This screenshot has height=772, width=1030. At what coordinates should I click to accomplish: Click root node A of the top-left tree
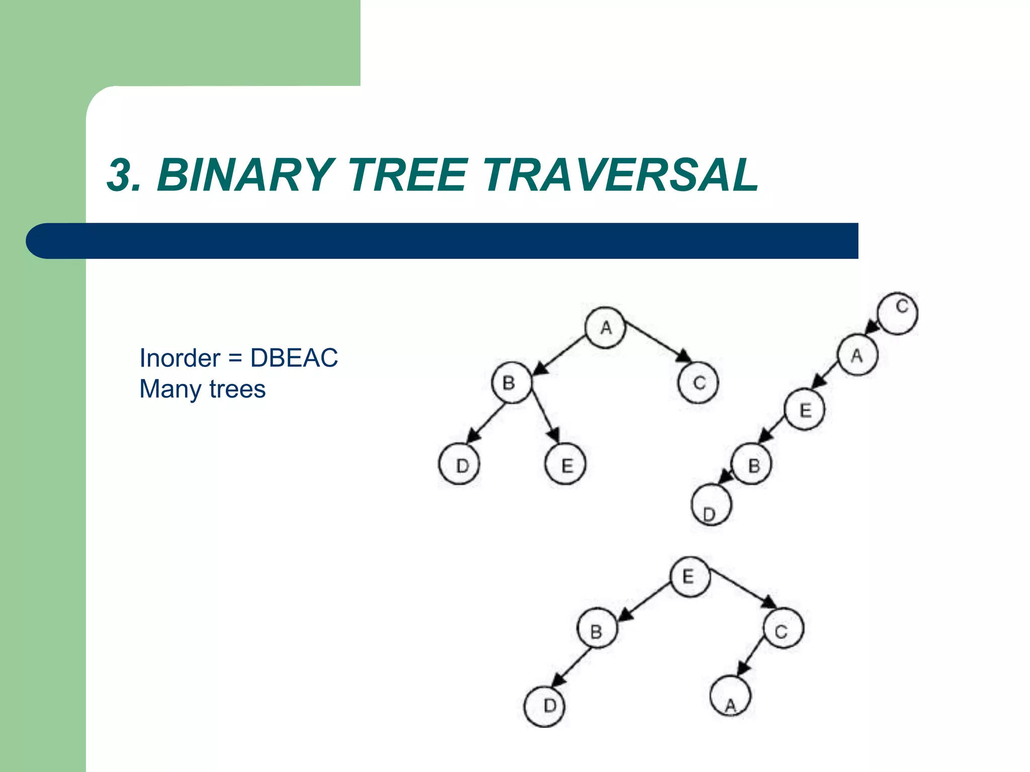[x=606, y=328]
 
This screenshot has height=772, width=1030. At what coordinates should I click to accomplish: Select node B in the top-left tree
[x=511, y=382]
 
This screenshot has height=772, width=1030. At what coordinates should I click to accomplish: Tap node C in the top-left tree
[x=698, y=382]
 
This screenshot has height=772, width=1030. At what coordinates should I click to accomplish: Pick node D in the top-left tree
[x=459, y=464]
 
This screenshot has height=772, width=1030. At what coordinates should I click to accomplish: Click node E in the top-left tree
[x=566, y=464]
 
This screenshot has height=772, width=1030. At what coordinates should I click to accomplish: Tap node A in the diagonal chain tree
[x=857, y=355]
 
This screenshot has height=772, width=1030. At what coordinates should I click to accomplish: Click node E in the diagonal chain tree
[x=805, y=410]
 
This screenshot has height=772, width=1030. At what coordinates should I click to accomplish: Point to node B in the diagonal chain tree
[x=752, y=465]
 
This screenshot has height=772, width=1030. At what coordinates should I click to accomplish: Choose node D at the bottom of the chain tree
[x=711, y=505]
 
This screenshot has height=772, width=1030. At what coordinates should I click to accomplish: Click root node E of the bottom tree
[x=690, y=576]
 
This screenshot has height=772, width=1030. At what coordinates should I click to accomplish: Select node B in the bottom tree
[x=597, y=629]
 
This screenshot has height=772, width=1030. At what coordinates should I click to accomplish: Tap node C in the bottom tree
[x=783, y=629]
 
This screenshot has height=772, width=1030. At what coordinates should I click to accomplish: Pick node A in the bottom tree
[x=730, y=697]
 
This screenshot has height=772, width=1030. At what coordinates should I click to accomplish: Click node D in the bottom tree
[x=545, y=706]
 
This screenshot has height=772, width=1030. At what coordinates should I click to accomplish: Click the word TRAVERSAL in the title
[x=620, y=175]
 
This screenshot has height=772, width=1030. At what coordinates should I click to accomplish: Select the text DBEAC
[x=294, y=358]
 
